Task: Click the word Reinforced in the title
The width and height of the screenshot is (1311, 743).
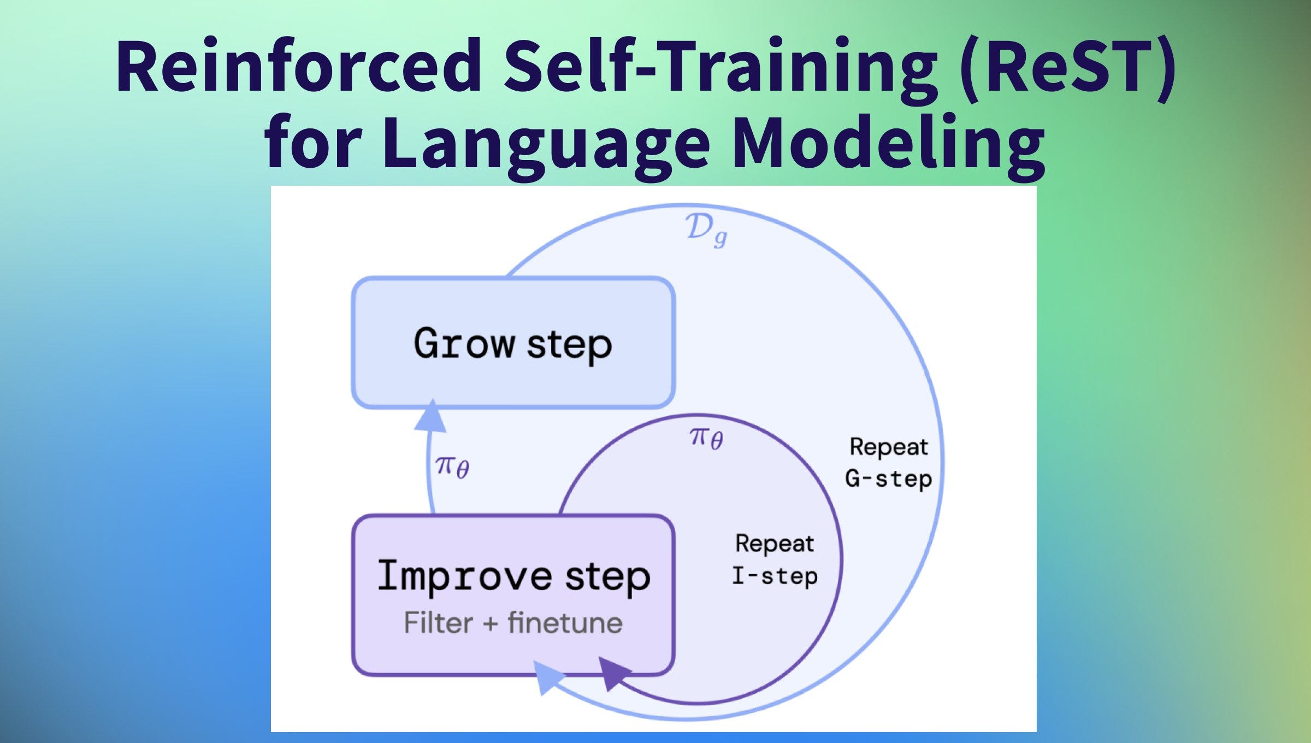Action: (x=299, y=66)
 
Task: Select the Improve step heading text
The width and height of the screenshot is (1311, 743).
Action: (x=513, y=576)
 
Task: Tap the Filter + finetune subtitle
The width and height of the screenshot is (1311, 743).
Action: (x=513, y=623)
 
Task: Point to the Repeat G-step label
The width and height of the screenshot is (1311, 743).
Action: (x=888, y=463)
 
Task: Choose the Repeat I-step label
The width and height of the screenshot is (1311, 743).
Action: (x=775, y=560)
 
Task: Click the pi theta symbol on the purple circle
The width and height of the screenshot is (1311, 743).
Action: (x=706, y=438)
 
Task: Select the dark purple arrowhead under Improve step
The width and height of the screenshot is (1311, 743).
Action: (x=614, y=674)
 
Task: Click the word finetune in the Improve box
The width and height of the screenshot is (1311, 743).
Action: (x=565, y=623)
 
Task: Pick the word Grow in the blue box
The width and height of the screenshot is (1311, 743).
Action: (x=464, y=343)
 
